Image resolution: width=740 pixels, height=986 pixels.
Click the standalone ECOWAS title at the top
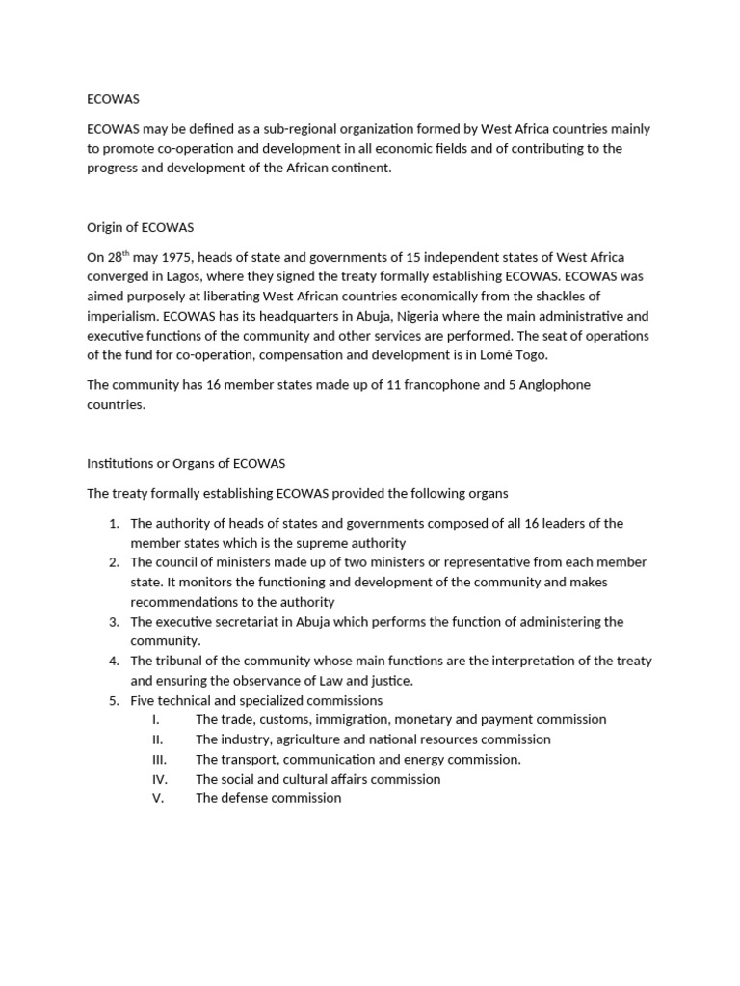[x=114, y=98]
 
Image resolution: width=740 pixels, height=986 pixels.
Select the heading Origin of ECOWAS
[x=141, y=227]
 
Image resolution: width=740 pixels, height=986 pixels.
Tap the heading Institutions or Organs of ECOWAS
[x=186, y=463]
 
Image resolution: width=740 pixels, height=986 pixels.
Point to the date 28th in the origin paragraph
[x=118, y=257]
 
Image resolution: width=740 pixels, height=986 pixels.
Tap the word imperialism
[x=122, y=316]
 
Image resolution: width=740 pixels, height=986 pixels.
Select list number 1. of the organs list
[x=114, y=523]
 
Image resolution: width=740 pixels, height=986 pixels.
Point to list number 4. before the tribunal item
[x=114, y=661]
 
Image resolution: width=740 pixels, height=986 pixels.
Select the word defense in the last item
[x=243, y=798]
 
